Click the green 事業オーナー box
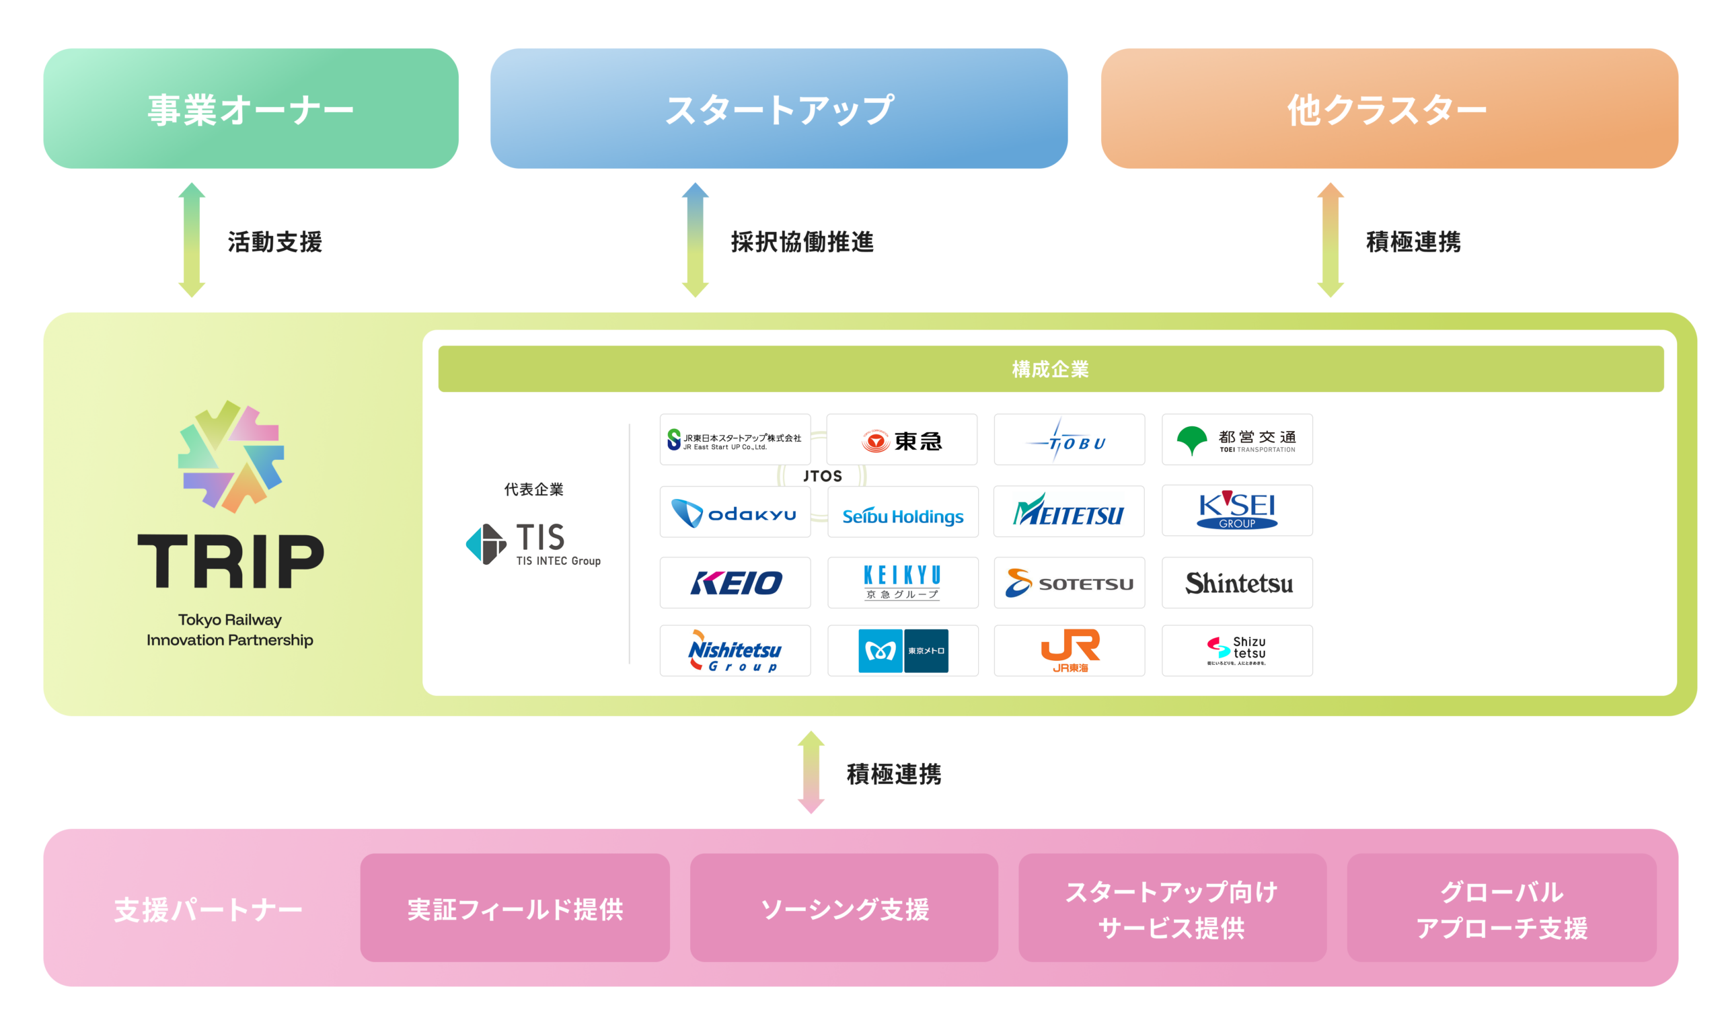[x=251, y=108]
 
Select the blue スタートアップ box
[x=778, y=108]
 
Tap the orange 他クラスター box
[x=1389, y=108]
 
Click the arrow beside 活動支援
[x=192, y=240]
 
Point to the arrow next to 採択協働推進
[x=694, y=240]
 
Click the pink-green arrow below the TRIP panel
[x=811, y=772]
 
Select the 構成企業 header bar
[x=1050, y=368]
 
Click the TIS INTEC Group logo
[x=533, y=544]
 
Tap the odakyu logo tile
[x=735, y=512]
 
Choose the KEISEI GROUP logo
[x=1236, y=511]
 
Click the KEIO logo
[x=735, y=583]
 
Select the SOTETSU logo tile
[x=1070, y=583]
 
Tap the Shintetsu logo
[x=1236, y=583]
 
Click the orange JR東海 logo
[x=1070, y=650]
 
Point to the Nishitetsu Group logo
[x=735, y=650]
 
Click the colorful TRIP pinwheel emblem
[x=231, y=457]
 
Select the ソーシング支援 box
[x=844, y=908]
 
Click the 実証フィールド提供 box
[x=515, y=908]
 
